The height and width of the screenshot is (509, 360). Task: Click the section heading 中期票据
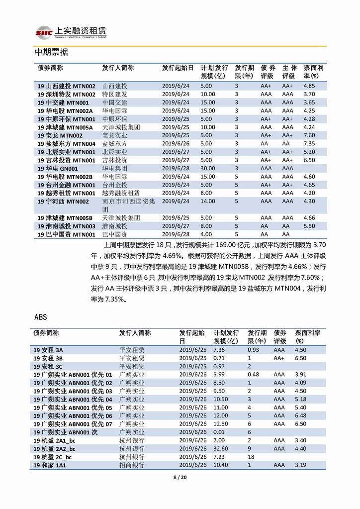point(51,52)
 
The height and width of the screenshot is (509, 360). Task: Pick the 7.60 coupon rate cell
point(309,135)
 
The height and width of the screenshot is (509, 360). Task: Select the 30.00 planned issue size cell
point(208,169)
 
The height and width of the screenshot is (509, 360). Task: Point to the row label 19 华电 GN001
point(54,169)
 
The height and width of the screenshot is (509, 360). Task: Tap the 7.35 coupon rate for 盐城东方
point(309,144)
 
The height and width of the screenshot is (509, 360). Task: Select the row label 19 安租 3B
point(48,358)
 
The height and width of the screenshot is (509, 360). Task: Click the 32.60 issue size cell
point(220,448)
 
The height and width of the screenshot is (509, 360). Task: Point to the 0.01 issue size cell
point(219,432)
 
